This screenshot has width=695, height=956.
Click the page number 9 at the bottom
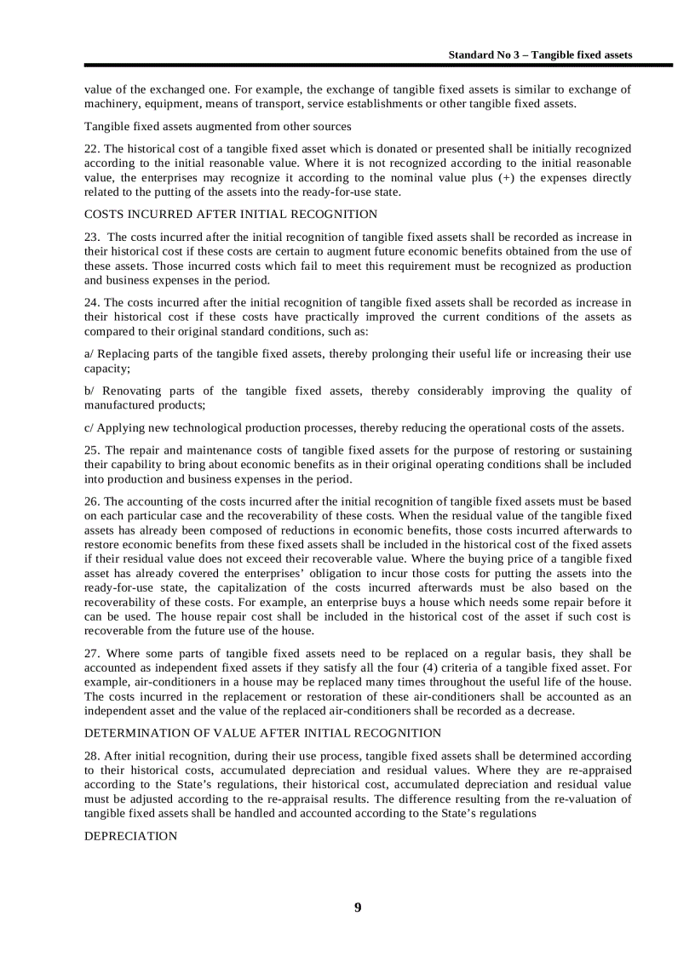(358, 907)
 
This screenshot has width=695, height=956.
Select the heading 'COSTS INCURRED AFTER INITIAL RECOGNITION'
(231, 215)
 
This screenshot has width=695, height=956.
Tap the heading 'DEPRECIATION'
(131, 837)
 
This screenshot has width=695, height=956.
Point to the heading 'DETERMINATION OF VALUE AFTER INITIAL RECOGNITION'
(262, 733)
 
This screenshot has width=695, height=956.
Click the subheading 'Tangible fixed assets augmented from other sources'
(217, 127)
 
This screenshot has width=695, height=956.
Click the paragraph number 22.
(91, 149)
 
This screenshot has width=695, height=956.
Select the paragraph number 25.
(91, 450)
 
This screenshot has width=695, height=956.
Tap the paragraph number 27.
(91, 653)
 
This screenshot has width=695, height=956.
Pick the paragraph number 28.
(91, 756)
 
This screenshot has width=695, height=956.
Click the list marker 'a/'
(89, 354)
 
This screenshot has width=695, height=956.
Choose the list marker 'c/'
(89, 427)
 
